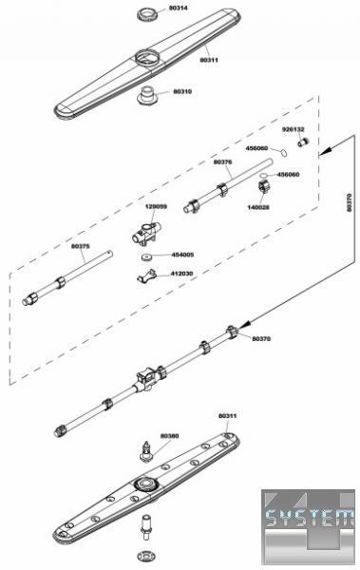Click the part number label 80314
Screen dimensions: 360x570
coord(179,8)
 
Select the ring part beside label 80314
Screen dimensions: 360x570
coord(148,15)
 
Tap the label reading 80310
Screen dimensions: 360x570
coord(182,91)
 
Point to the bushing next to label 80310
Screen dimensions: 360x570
coord(147,96)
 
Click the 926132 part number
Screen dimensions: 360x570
coord(294,129)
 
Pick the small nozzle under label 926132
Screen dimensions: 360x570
coord(303,142)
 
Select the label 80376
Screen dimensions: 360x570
coord(222,162)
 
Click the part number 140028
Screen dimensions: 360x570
coord(258,207)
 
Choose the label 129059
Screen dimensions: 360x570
coord(156,207)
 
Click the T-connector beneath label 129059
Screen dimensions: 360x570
coord(146,234)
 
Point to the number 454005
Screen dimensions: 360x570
coord(182,255)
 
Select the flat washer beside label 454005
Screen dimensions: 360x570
coord(146,256)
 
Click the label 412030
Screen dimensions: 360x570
coord(181,274)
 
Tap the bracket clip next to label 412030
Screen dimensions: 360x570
coord(146,275)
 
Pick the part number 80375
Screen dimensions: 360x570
coord(81,246)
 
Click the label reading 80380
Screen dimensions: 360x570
coord(169,436)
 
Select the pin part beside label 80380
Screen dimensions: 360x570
coord(146,452)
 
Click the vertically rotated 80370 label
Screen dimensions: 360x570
coord(350,203)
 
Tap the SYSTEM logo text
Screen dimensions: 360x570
coord(309,518)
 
